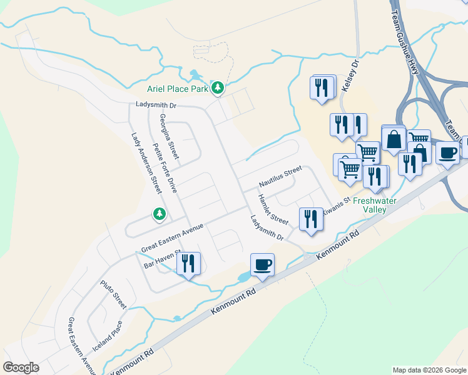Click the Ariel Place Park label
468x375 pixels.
(178, 89)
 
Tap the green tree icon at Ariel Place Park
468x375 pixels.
(217, 88)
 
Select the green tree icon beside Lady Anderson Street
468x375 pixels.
(160, 214)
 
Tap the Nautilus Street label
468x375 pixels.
(281, 177)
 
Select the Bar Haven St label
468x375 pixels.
(162, 259)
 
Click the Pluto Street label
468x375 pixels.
(113, 294)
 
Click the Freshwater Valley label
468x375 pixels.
(375, 206)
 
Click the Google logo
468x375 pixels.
(21, 367)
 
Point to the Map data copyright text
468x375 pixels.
(429, 370)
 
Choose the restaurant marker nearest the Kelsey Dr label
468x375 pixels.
(322, 87)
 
